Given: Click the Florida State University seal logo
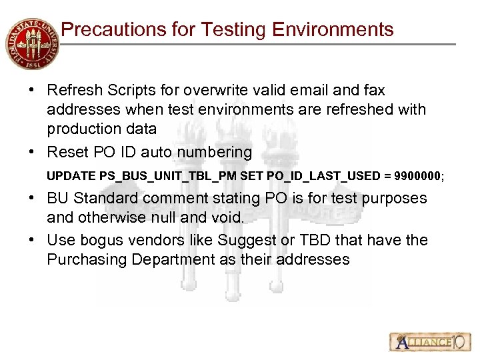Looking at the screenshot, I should coord(31,43).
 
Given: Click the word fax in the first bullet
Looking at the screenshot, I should coord(373,90).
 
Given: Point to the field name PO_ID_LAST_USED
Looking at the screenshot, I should coord(306,177).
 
